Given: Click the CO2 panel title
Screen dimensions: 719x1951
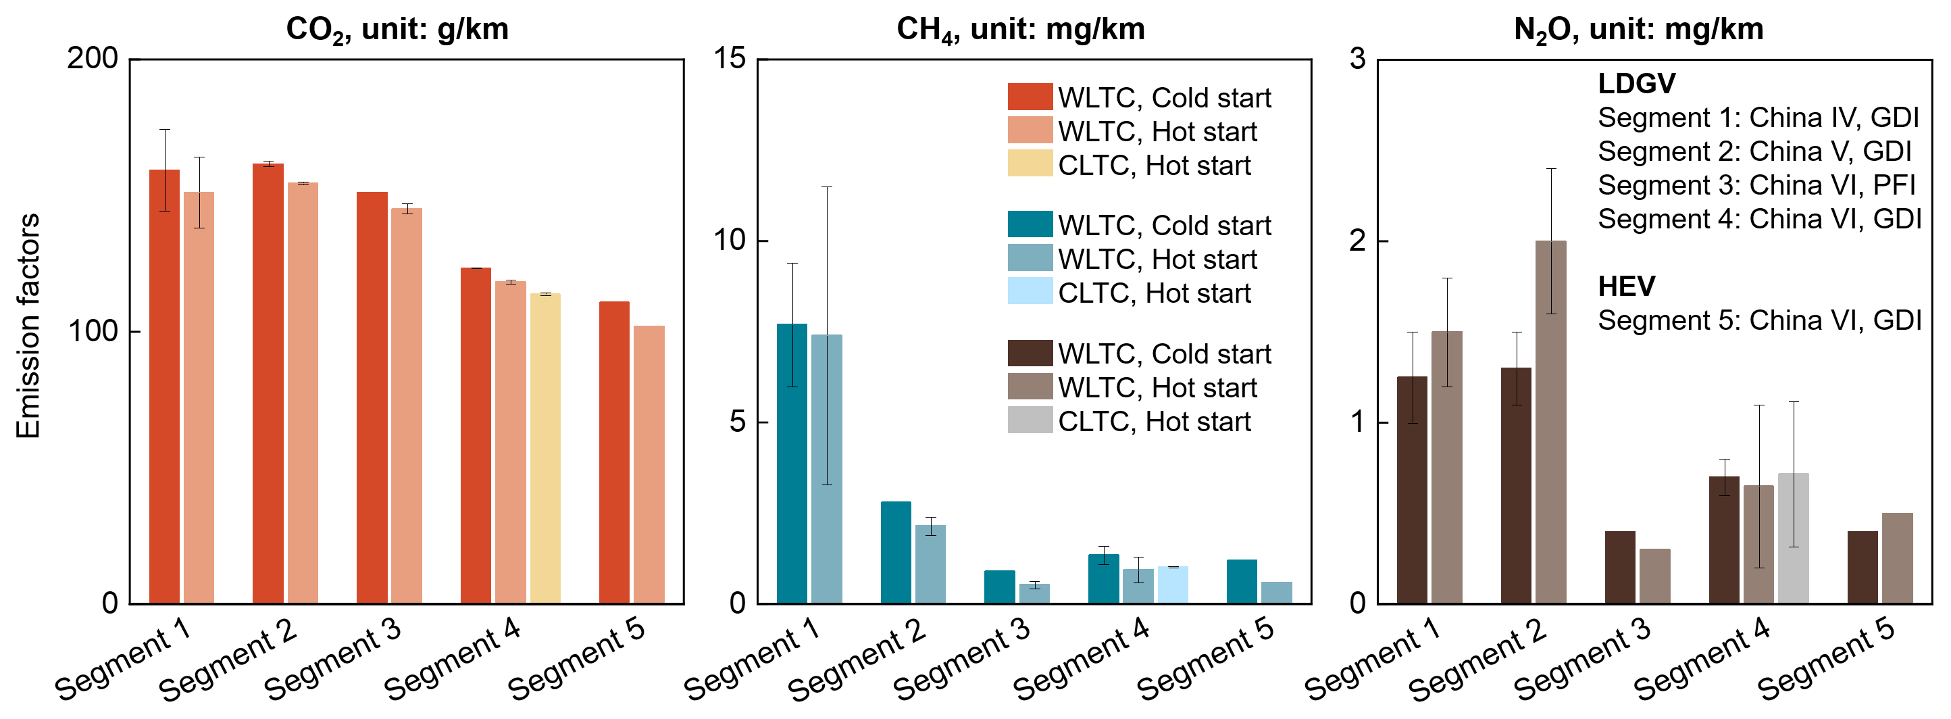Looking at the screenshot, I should click(x=397, y=30).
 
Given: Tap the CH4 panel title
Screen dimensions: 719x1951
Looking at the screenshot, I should click(x=1020, y=30).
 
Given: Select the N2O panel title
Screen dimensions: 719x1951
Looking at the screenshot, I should click(x=1638, y=30).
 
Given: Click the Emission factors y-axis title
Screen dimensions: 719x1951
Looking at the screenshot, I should click(x=28, y=326).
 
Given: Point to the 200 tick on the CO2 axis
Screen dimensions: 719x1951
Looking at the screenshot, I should click(x=93, y=58).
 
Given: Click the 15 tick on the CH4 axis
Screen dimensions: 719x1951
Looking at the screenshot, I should click(x=730, y=58).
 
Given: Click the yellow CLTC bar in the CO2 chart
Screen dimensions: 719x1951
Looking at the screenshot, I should click(x=544, y=449).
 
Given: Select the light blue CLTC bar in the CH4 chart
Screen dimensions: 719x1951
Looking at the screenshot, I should click(x=1172, y=585).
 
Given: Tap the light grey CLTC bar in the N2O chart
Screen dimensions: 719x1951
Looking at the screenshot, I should click(x=1793, y=538).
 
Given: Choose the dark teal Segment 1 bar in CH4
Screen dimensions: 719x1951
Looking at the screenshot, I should click(x=792, y=464).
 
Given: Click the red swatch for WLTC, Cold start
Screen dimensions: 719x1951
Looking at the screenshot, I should click(x=1030, y=97).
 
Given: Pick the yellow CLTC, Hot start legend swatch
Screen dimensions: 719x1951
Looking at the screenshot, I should click(x=1030, y=164).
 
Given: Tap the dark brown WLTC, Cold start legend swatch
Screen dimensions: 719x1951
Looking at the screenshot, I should click(x=1030, y=353).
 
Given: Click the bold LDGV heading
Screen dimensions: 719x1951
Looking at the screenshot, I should click(x=1636, y=83).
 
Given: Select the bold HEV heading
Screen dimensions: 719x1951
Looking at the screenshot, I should click(x=1626, y=287).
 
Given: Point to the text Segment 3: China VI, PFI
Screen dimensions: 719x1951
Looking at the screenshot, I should click(x=1756, y=185).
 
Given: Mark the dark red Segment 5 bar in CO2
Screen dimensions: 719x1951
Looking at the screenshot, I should click(x=613, y=453).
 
